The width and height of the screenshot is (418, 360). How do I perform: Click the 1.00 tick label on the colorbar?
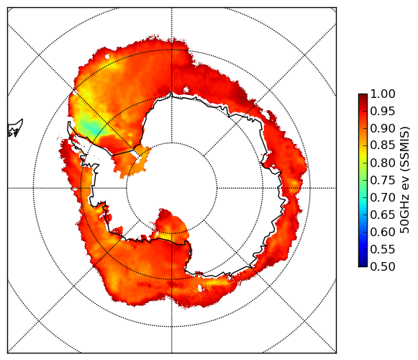coord(383,94)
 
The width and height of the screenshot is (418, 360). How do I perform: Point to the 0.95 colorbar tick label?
coord(383,112)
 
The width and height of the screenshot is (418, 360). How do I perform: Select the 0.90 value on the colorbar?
coord(383,128)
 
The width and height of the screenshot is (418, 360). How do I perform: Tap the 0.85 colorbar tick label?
coord(383,145)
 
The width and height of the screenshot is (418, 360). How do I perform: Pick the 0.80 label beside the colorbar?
coord(383,163)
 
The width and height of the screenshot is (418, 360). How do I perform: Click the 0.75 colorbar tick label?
coord(383,180)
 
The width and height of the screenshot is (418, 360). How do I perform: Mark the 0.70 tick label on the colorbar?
coord(383,197)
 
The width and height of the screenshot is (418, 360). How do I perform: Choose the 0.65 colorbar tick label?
coord(383,215)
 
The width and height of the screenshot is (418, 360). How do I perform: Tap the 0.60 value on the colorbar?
coord(383,232)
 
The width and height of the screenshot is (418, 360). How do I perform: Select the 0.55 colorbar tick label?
coord(383,249)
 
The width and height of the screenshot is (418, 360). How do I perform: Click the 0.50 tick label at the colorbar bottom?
coord(383,266)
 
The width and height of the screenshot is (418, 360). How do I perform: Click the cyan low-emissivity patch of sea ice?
coord(91,127)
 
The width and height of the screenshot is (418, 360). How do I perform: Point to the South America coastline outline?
coord(15,128)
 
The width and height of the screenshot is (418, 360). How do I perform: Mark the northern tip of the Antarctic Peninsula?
coord(69,122)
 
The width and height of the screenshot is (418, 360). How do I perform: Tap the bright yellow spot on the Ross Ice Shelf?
coord(165,236)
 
